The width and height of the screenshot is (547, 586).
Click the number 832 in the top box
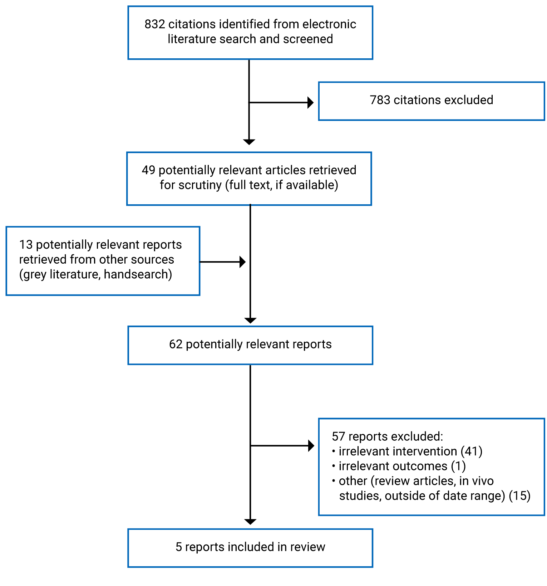pos(154,24)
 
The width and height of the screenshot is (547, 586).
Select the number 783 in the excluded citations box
pos(380,100)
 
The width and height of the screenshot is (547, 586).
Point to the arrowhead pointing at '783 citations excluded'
pos(310,103)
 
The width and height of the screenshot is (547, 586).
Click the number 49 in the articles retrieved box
pos(148,170)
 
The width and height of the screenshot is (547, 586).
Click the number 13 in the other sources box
pos(26,245)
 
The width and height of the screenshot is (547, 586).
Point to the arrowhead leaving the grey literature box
pos(242,262)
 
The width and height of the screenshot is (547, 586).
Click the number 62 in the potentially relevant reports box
pos(176,345)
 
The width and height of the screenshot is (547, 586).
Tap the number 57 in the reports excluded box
pos(338,437)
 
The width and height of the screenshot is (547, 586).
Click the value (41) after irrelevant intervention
pos(471,451)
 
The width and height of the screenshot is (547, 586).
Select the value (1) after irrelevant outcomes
pos(458,466)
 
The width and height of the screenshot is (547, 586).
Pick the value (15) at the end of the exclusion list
pos(519,496)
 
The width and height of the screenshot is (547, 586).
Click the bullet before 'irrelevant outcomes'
pos(334,466)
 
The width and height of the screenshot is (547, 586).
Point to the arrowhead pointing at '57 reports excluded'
pos(311,446)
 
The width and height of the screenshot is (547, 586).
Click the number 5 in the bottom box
pos(178,547)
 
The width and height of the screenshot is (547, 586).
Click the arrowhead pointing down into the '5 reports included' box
pos(250,522)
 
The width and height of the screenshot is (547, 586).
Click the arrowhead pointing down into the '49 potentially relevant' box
pos(249,142)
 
